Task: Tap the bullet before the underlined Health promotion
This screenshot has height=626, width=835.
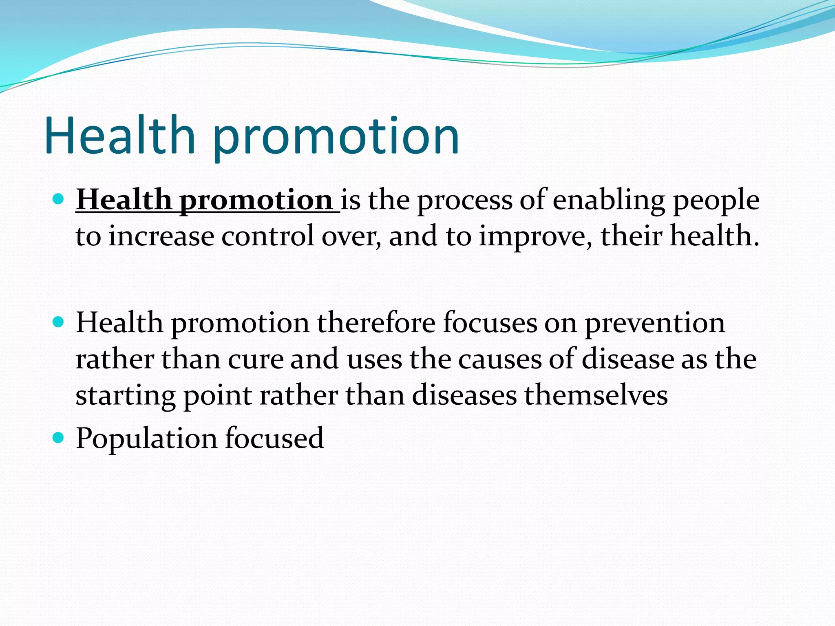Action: click(59, 199)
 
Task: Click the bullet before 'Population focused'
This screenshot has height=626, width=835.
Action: click(59, 438)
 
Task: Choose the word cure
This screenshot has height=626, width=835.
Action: click(255, 360)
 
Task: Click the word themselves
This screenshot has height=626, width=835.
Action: click(596, 395)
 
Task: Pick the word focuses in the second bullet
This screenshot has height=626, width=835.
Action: click(490, 322)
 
